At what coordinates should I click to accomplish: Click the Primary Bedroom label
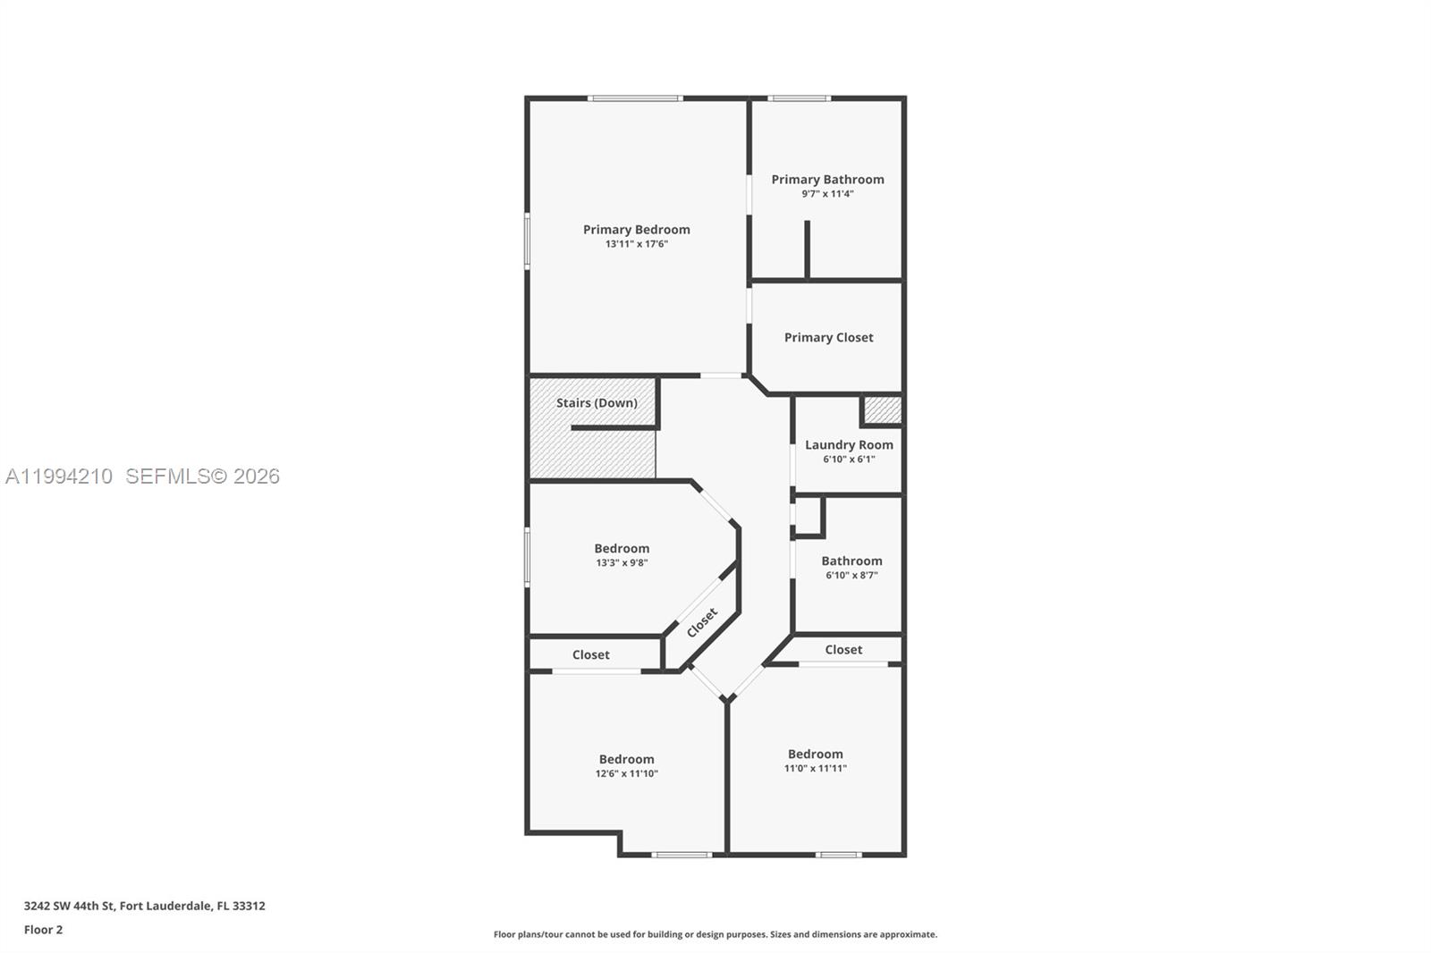point(636,230)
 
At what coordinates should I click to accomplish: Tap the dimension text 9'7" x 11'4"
point(827,194)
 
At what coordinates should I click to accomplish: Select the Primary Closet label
point(828,337)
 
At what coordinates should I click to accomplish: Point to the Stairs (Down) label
point(597,403)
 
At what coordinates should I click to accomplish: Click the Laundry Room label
point(849,444)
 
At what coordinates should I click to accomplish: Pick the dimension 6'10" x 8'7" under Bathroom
point(851,576)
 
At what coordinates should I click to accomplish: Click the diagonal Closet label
point(702,623)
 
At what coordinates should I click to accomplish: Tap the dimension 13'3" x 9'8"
point(622,563)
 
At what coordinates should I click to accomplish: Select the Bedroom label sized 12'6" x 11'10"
point(626,759)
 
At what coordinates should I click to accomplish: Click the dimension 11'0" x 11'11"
point(815,769)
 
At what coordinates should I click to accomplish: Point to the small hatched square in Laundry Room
point(882,410)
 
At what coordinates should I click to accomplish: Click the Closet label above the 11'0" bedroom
point(843,650)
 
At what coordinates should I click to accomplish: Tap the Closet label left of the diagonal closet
point(590,655)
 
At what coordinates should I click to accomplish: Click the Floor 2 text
point(43,930)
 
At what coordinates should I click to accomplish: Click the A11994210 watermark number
point(59,476)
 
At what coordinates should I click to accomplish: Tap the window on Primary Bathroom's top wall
point(799,98)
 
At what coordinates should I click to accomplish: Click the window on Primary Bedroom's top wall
point(635,98)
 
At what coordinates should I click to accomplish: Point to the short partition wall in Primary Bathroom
point(807,249)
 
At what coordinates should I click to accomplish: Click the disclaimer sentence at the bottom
point(715,934)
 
